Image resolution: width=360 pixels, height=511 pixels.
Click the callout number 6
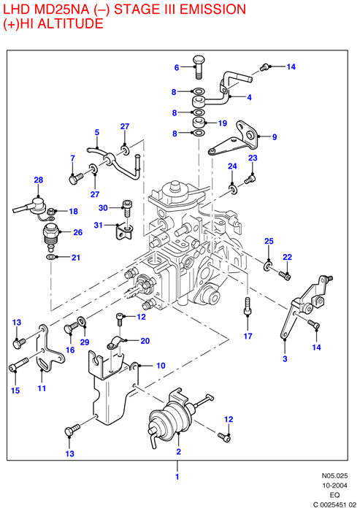click(177, 67)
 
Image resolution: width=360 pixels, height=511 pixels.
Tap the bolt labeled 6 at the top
click(199, 67)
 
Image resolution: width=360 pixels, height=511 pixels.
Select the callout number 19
click(223, 123)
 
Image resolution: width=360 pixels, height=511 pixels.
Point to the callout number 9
click(275, 137)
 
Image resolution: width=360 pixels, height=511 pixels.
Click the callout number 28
click(39, 180)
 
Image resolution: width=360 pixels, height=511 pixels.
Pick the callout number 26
click(77, 232)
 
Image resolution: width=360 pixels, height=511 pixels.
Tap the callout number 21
click(76, 258)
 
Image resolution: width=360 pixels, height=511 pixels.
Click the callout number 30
click(103, 207)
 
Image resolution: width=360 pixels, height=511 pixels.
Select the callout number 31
click(98, 225)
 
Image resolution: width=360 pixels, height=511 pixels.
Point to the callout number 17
click(248, 336)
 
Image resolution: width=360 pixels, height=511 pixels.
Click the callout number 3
click(285, 359)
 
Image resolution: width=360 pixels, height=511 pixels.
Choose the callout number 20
click(145, 341)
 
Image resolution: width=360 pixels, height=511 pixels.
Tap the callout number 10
click(161, 366)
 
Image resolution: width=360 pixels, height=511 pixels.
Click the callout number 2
click(179, 452)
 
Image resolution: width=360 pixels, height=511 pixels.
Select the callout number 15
click(15, 391)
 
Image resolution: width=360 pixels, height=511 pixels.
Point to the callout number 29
click(85, 342)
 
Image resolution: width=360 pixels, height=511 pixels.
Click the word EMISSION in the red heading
click(212, 9)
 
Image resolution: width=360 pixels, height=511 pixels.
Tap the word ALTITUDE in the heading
click(71, 23)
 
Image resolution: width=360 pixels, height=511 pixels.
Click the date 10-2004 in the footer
click(335, 485)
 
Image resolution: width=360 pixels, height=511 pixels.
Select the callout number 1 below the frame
click(177, 477)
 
